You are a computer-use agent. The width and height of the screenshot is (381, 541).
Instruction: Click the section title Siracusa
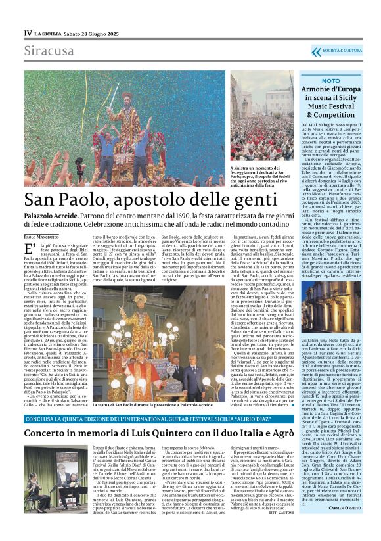pos(49,51)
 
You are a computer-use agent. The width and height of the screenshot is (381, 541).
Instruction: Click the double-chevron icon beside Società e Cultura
pos(317,51)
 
